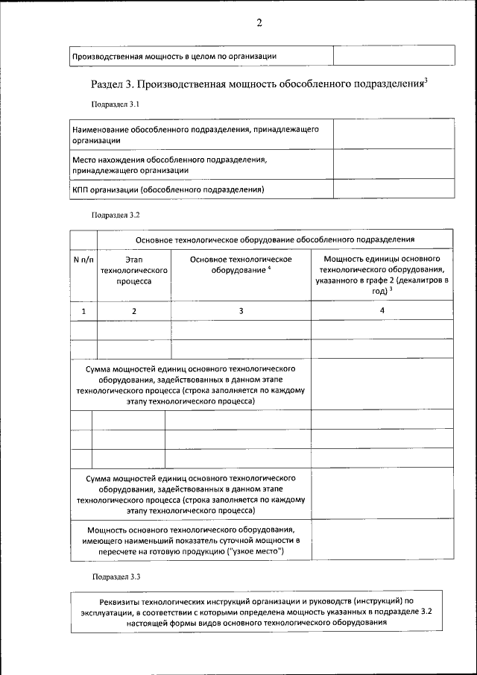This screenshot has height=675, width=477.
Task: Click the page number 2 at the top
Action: pos(259,22)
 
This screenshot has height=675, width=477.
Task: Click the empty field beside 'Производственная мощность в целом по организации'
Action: pos(393,56)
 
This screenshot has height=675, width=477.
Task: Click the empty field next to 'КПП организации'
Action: pos(392,189)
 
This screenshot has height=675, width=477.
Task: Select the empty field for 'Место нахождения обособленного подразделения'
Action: pos(392,164)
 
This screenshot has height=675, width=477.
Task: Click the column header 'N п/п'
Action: pos(83,259)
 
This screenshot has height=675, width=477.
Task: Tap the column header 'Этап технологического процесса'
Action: pos(134,270)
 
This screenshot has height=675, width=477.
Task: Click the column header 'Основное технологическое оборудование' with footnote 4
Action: pos(241,264)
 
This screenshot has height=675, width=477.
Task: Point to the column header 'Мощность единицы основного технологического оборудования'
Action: pos(382,274)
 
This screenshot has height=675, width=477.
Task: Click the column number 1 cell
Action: pos(83,310)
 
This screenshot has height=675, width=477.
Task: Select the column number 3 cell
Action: pos(241,310)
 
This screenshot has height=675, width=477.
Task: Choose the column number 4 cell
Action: pos(382,310)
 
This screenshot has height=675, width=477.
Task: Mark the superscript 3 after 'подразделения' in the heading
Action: pos(425,80)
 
